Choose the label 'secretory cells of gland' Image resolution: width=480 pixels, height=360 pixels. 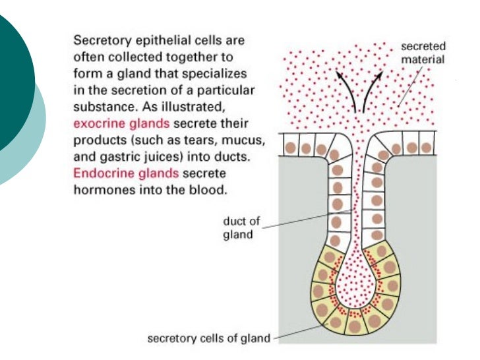208,338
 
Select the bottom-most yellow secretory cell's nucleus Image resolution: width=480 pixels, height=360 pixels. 358,325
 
